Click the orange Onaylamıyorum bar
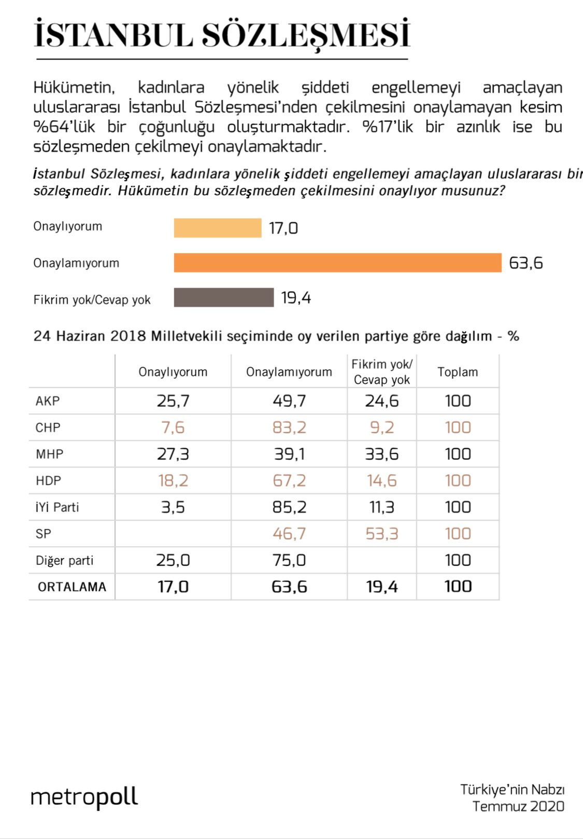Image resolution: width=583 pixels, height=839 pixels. tap(337, 263)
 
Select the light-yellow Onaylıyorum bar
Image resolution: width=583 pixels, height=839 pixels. tap(218, 228)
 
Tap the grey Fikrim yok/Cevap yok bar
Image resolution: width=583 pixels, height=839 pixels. tap(223, 297)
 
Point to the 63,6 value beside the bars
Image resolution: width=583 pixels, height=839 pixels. tap(525, 263)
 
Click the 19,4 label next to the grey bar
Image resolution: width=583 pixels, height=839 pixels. tap(296, 298)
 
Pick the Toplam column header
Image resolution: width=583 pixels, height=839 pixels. tap(458, 372)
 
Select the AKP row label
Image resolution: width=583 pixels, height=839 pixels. tap(48, 401)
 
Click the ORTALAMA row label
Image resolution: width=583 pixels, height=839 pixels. tap(72, 587)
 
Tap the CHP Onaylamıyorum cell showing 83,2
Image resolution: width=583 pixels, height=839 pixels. tap(289, 428)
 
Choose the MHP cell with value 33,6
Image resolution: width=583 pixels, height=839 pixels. tap(382, 454)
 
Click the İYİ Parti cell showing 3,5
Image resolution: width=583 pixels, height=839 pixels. tap(173, 507)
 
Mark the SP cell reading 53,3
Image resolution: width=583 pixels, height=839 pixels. tap(382, 534)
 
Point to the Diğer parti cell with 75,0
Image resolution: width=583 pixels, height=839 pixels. tap(289, 560)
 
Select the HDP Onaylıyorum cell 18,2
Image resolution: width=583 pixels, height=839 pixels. tap(173, 481)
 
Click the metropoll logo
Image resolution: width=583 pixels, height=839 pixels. tap(84, 797)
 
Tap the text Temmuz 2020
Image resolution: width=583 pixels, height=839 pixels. tap(518, 806)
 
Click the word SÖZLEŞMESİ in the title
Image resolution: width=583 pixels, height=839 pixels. tap(306, 35)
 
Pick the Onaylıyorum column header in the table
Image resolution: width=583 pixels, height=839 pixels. tap(173, 372)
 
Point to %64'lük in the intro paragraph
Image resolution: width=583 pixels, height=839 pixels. tap(64, 127)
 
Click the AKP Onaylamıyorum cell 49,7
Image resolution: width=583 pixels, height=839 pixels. tap(289, 401)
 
